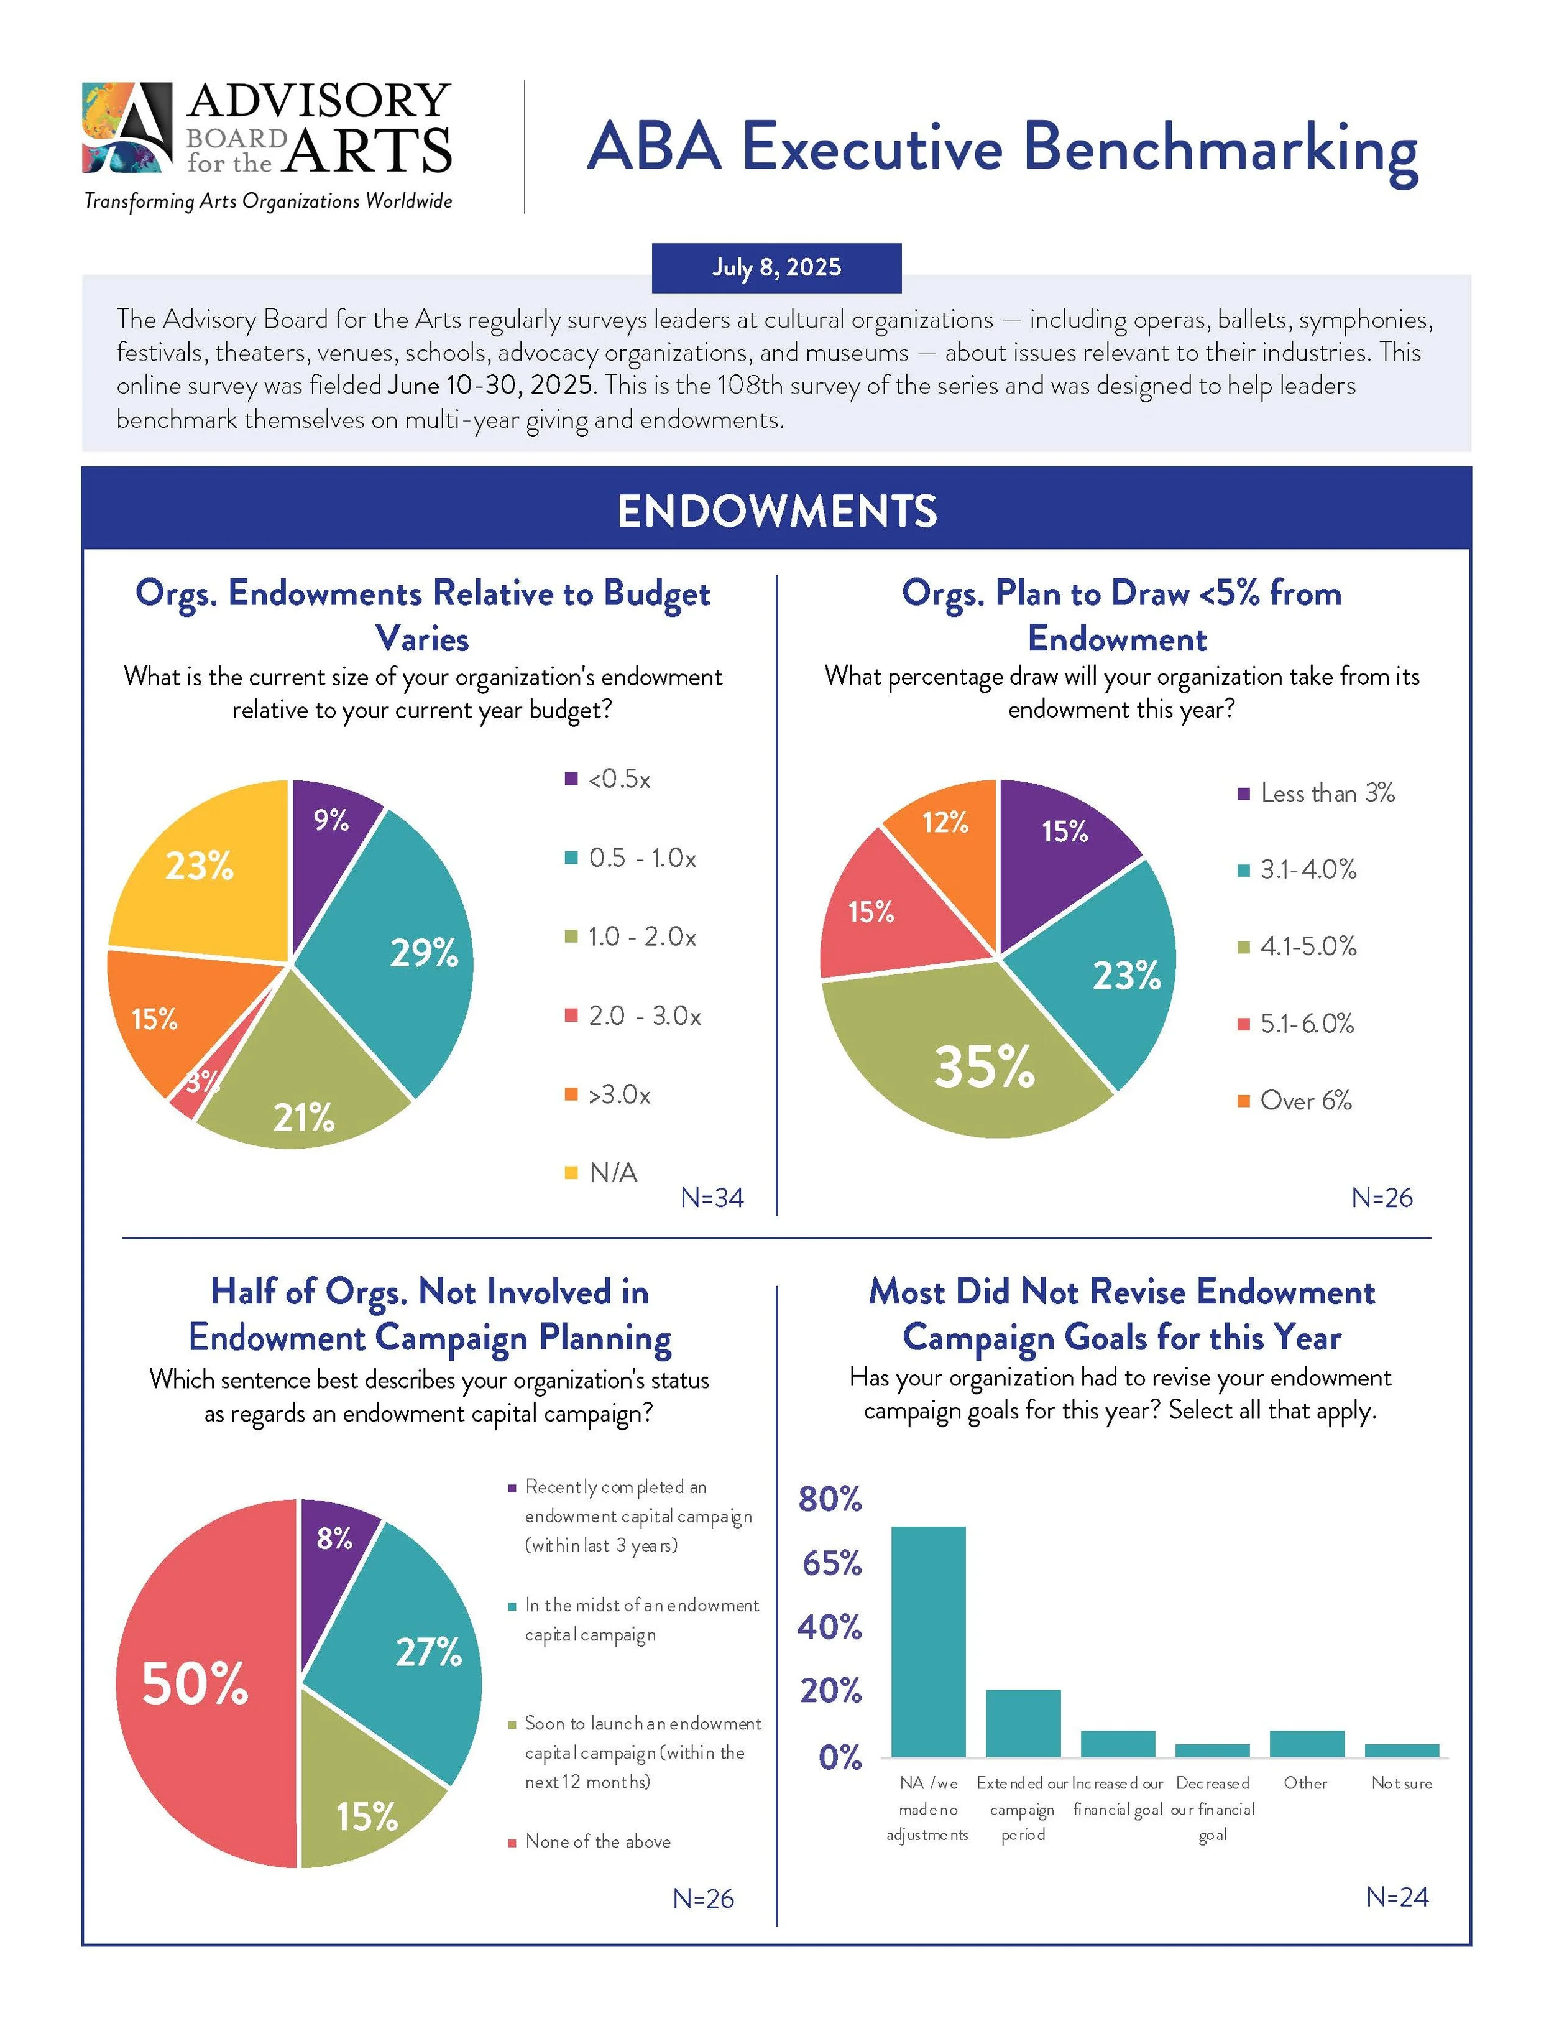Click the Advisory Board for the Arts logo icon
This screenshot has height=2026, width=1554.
(x=127, y=127)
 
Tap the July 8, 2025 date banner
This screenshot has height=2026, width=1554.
(x=776, y=267)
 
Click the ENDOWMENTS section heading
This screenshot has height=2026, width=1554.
(x=776, y=511)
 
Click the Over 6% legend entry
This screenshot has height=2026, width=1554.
(x=1304, y=1100)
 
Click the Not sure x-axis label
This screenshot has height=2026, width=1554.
(x=1400, y=1783)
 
